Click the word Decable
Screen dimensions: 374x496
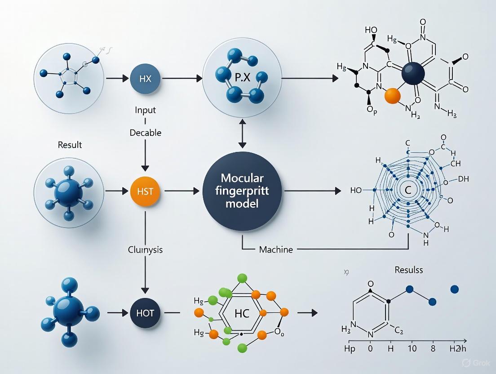click(145, 133)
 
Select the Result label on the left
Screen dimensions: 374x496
click(70, 145)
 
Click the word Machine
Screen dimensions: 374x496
click(276, 249)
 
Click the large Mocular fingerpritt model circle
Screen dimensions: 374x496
click(243, 191)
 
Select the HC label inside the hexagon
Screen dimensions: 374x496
click(242, 312)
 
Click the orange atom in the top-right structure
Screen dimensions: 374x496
click(393, 96)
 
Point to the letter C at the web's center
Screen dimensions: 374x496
click(408, 191)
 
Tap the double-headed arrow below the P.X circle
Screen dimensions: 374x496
click(243, 134)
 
